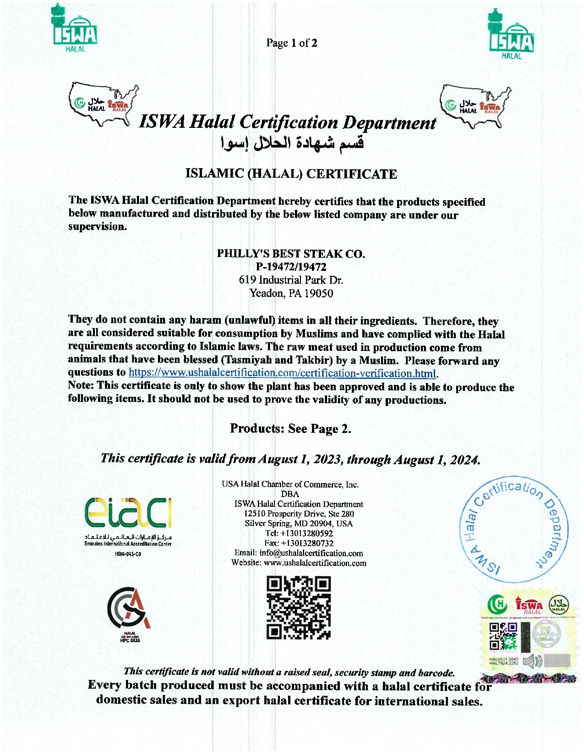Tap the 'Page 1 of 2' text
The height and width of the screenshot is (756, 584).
pos(292,43)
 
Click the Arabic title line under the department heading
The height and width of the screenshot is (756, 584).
pos(292,143)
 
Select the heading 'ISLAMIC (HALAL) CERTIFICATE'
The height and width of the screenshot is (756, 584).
pos(291,174)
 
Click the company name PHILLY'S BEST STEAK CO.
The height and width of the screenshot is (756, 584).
pos(291,253)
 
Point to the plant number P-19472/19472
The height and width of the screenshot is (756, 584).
pos(291,267)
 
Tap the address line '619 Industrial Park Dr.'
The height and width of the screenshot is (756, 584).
pos(291,280)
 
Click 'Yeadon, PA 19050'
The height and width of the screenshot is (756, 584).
pos(291,293)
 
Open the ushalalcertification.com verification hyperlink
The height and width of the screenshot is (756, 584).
pos(282,373)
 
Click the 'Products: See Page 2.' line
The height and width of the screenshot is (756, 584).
pos(290,428)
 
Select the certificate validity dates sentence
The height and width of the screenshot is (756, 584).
pos(290,459)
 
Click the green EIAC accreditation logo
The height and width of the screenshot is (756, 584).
pos(128,513)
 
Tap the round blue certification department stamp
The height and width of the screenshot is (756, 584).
pos(513,529)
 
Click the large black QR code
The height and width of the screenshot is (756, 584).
pos(299,608)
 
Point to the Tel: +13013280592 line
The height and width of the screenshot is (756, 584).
pos(299,533)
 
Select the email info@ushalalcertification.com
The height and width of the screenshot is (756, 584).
pos(311,553)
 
